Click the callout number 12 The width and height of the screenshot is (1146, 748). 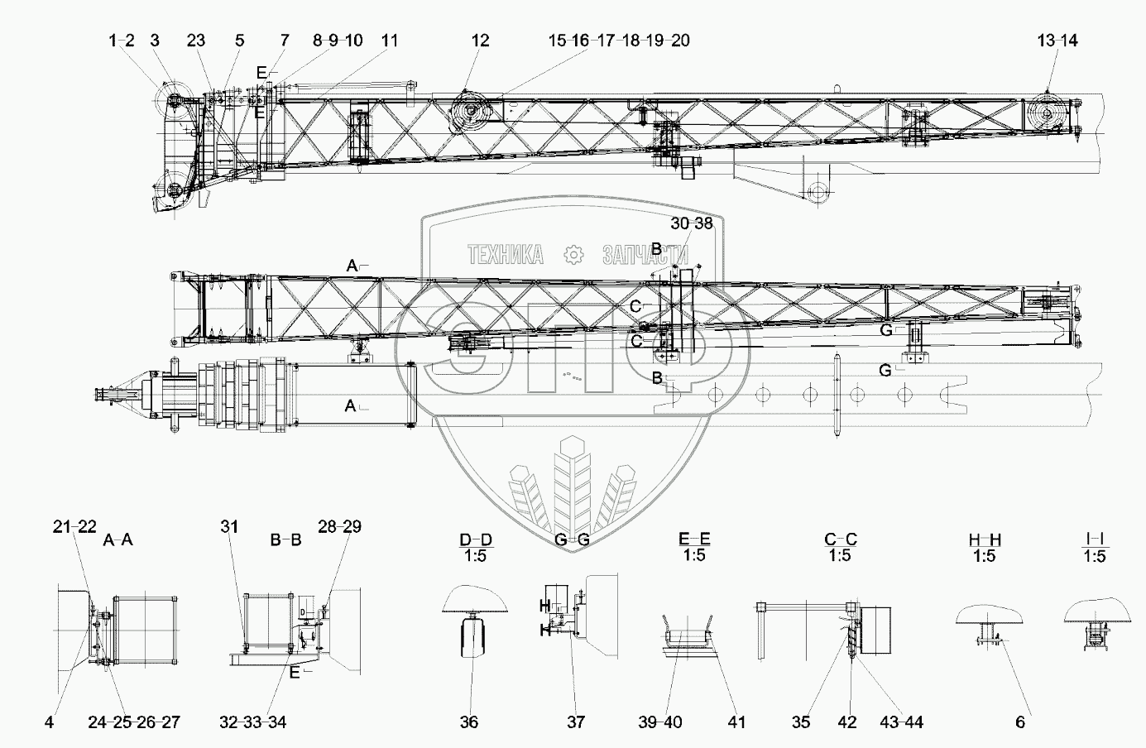coord(480,41)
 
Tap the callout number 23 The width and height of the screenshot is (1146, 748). coord(195,41)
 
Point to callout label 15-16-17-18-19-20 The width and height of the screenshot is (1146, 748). coord(619,41)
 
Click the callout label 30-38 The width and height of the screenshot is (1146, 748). coord(691,223)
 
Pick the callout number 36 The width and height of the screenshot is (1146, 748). coord(469,722)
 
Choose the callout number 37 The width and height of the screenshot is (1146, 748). coord(576,722)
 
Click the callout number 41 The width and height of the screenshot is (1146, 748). coord(736,722)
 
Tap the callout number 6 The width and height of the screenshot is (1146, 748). coord(1020,722)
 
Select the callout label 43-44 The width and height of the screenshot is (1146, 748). coord(902,722)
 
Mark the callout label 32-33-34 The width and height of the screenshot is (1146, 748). coord(253,722)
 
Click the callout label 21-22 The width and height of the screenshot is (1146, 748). coord(74,527)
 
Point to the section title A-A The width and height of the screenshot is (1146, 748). coord(118,540)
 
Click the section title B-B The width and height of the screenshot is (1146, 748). coord(285,540)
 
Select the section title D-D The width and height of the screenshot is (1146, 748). coord(476,540)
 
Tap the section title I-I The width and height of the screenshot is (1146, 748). coord(1094,540)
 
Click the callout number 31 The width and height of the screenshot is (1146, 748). coord(229,527)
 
